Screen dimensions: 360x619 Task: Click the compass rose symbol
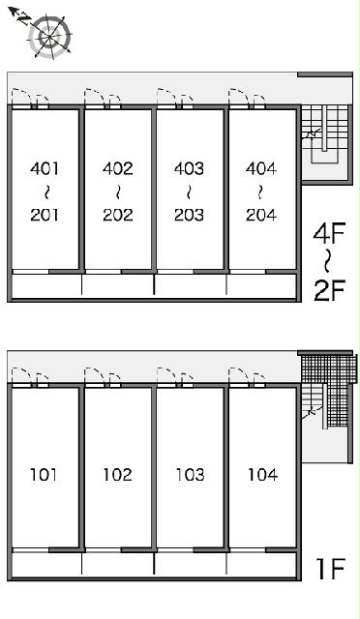[49, 37]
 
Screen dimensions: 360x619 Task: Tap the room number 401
[45, 168]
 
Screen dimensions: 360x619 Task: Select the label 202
[118, 215]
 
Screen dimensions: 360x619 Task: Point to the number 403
[190, 168]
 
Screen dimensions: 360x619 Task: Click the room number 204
[261, 215]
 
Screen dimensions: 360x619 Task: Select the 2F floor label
[330, 290]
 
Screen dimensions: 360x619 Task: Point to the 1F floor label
[331, 569]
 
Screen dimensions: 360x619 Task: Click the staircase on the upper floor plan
[325, 134]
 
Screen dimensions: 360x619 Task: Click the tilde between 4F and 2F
[327, 262]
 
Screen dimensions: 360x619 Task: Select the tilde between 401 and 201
[45, 192]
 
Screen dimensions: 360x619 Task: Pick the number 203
[190, 215]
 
